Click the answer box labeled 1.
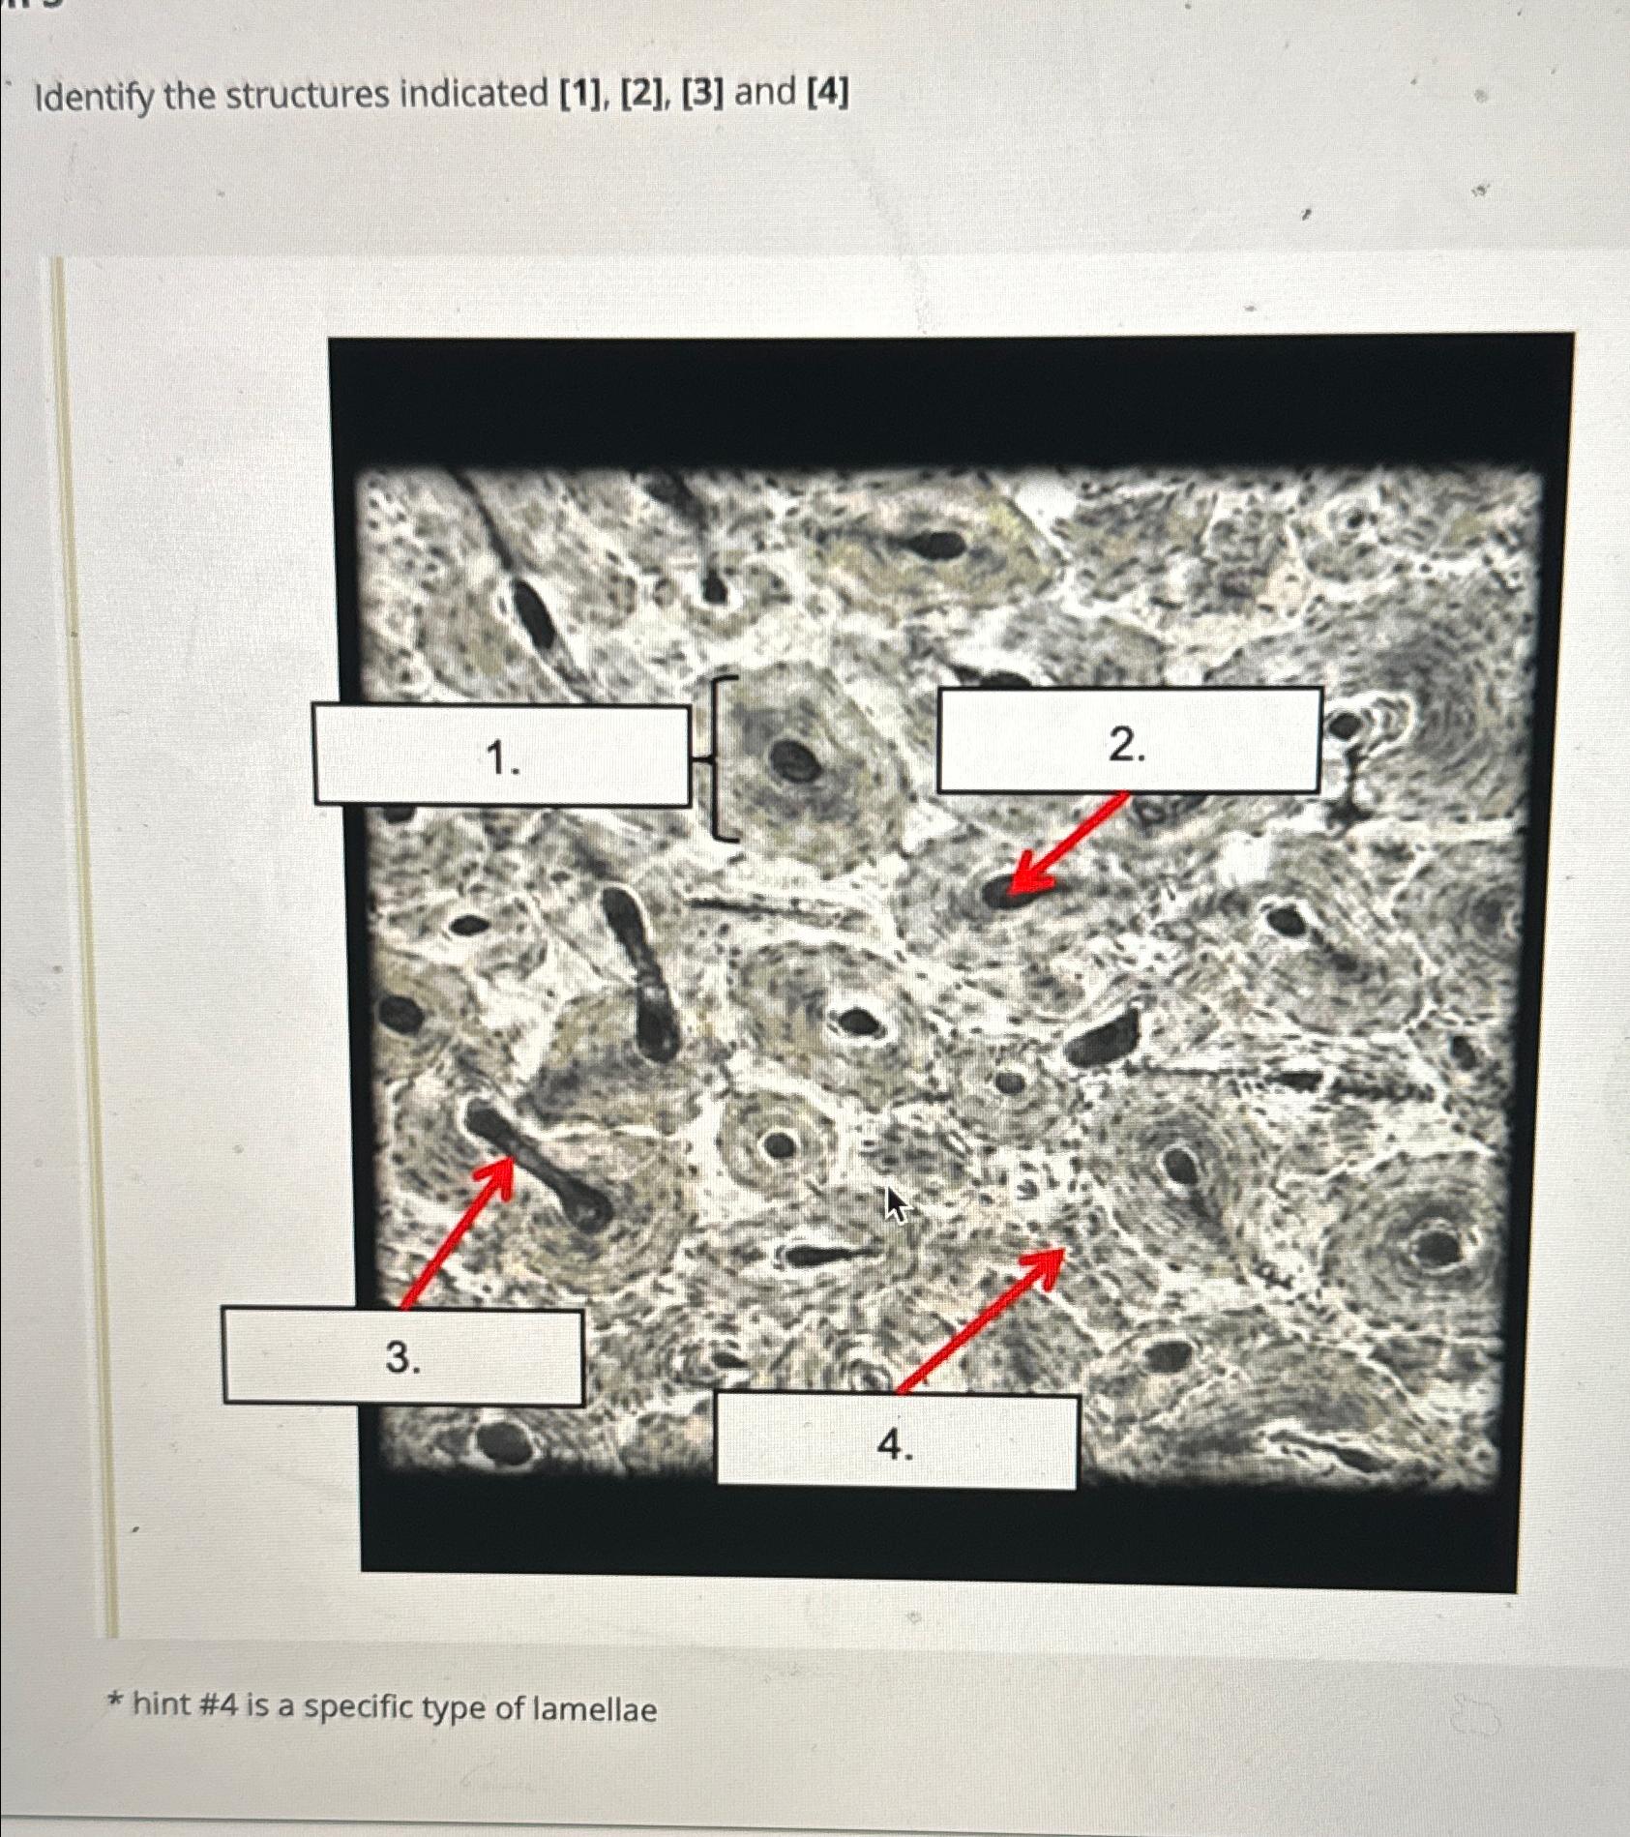point(501,756)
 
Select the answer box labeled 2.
point(1130,740)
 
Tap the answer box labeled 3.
point(402,1356)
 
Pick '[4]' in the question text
point(827,93)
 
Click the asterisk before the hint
point(116,1701)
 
